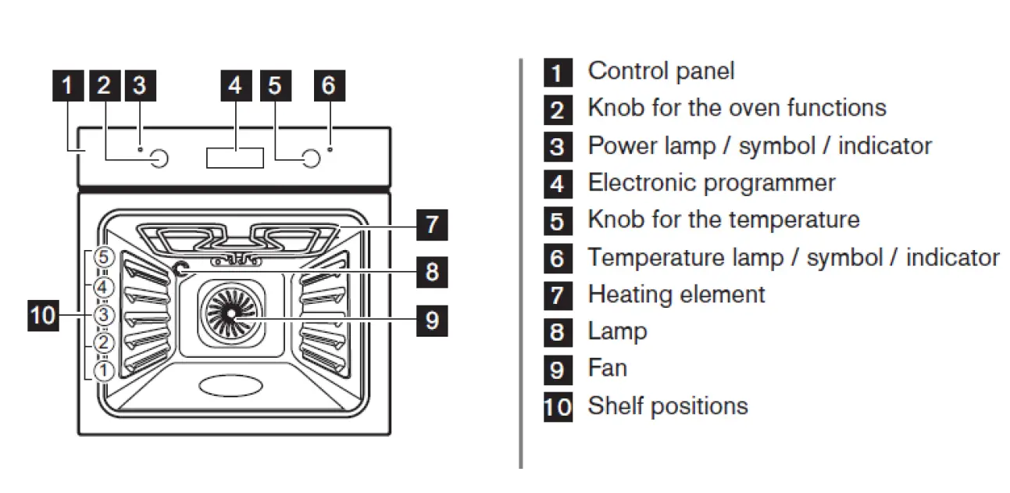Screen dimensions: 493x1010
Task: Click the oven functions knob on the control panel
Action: [159, 159]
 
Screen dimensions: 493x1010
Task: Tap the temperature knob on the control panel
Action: [311, 159]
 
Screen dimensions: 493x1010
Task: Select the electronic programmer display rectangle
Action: [235, 156]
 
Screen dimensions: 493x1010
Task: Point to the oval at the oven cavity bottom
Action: [232, 385]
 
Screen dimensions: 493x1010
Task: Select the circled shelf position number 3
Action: [104, 315]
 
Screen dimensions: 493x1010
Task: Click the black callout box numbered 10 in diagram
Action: [43, 316]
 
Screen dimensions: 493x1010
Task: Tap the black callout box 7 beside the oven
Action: [430, 224]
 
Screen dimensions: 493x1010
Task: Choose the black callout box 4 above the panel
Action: [235, 85]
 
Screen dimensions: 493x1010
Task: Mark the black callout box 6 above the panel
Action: [328, 85]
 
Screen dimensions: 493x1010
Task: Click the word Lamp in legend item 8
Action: [617, 331]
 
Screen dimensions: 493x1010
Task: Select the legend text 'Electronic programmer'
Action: [711, 183]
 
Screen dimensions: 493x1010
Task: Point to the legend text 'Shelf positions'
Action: [667, 406]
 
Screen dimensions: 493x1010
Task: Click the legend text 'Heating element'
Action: [676, 295]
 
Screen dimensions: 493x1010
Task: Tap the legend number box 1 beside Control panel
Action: [556, 73]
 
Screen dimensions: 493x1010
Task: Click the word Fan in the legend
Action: [607, 368]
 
